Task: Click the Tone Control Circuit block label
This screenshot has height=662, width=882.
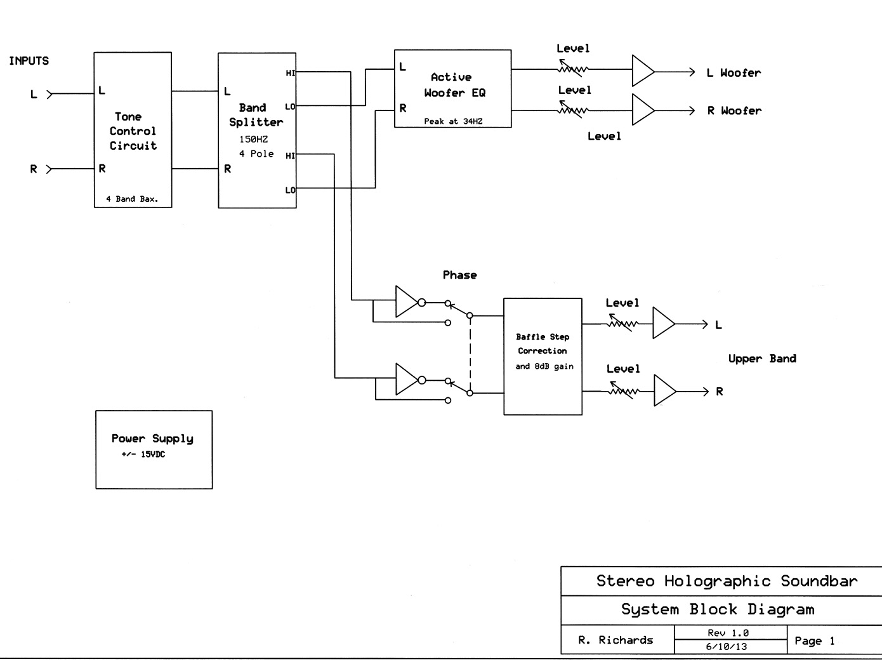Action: [133, 131]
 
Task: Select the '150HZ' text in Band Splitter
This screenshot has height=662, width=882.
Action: [253, 139]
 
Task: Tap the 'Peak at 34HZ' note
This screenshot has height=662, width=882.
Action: [453, 121]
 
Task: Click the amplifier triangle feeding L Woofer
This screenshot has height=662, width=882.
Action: [642, 70]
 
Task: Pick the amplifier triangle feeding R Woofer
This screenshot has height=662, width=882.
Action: [642, 110]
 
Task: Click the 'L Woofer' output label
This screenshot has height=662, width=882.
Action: [734, 73]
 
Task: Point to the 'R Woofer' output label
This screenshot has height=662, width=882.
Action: [734, 110]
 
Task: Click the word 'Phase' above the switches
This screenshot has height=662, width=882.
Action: [459, 275]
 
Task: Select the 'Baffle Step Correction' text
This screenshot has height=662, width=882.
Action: [543, 343]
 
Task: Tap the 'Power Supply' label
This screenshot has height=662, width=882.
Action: [152, 439]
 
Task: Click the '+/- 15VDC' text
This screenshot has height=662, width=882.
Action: [143, 454]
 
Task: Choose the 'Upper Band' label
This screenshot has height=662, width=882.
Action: [762, 359]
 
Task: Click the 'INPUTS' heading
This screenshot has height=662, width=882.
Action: [29, 61]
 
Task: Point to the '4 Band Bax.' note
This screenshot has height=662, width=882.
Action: [132, 199]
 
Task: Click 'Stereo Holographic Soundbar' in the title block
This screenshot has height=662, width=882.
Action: [727, 581]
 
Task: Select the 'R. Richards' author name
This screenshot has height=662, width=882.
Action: [615, 640]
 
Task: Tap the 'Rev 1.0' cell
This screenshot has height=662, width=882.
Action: [728, 633]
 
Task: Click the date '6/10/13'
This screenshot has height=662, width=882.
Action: [727, 647]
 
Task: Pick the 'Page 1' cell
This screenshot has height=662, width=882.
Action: [814, 641]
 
